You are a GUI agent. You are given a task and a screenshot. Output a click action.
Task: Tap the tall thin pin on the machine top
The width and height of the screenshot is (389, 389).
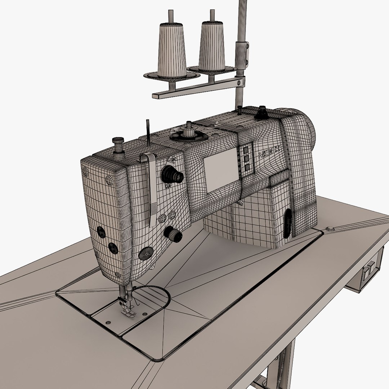pos(147,133)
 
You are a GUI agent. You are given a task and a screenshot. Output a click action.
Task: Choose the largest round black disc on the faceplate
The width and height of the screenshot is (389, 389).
pos(146,253)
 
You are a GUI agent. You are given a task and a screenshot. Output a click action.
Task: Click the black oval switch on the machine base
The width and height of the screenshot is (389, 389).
pos(287,224)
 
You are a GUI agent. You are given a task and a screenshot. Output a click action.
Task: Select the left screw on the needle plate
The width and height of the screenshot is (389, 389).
pos(108,321)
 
